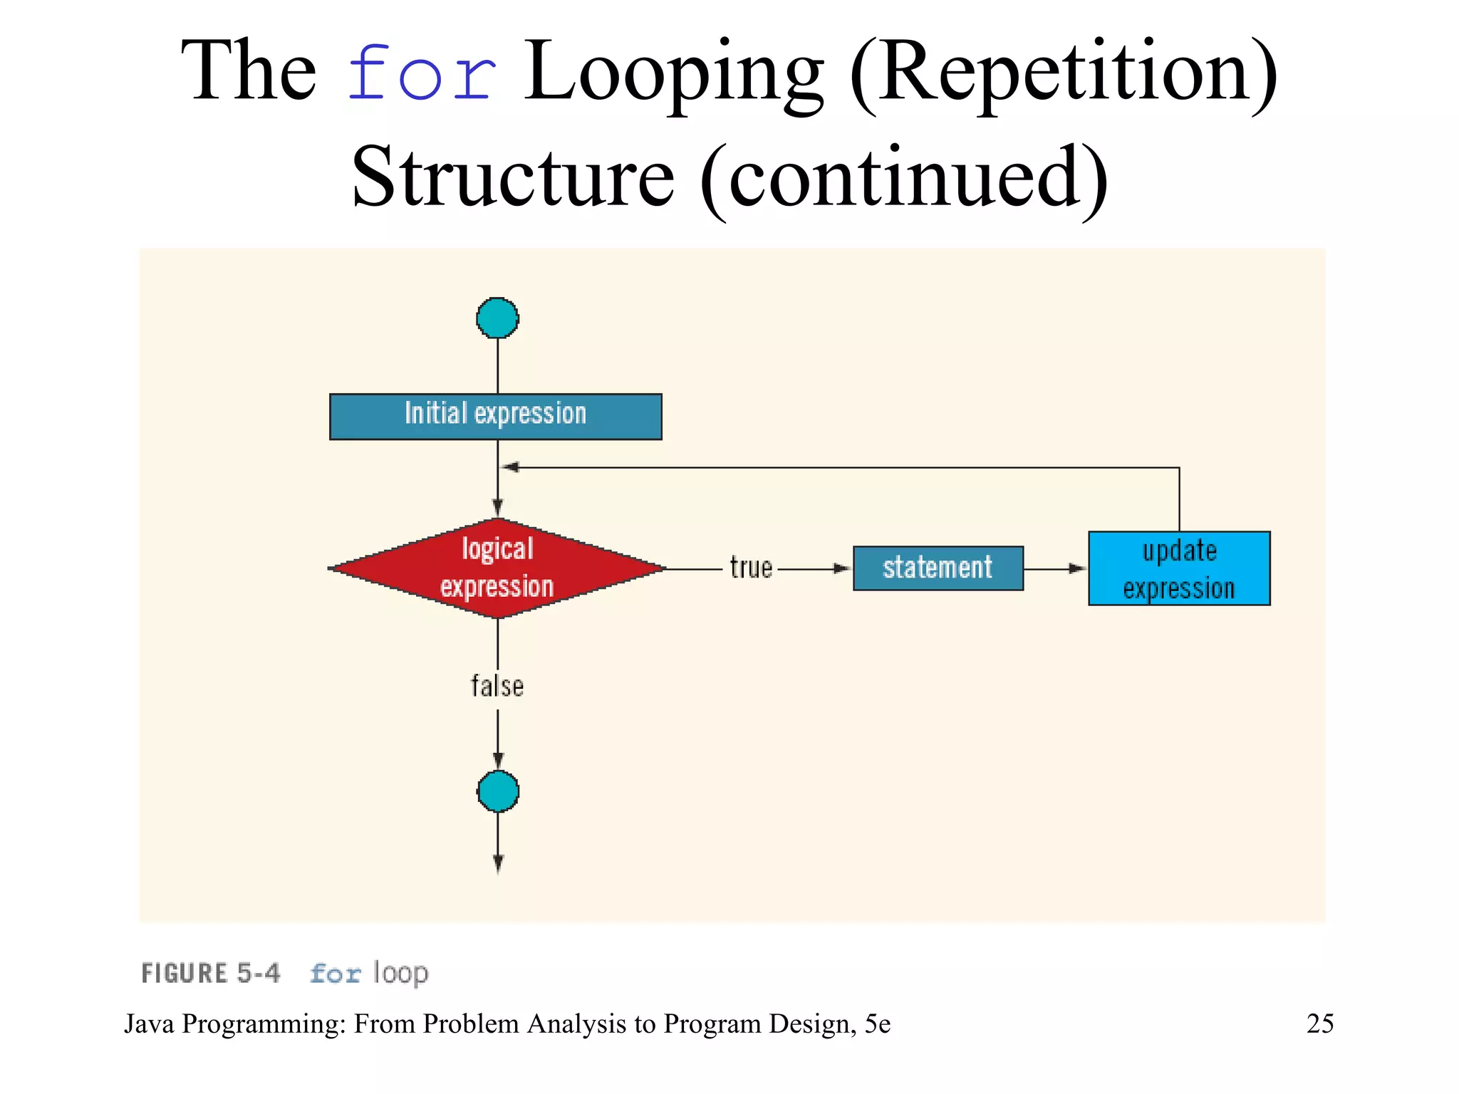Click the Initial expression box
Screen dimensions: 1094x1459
495,416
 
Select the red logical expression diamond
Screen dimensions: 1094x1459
497,568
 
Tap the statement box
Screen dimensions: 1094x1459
938,568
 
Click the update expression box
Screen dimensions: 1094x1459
1178,568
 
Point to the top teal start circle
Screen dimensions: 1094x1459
497,318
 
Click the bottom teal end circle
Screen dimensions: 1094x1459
497,791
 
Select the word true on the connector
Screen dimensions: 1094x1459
751,568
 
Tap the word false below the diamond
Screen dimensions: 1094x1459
497,687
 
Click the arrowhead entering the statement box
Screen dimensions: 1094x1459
843,568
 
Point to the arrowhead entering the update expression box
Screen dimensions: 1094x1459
1077,568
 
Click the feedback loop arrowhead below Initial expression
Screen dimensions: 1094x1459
510,467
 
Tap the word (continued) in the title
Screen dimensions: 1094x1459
903,178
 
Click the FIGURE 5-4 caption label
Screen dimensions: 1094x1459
211,973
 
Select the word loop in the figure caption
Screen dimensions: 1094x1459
400,973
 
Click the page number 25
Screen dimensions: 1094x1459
1319,1023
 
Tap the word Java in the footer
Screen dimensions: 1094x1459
150,1023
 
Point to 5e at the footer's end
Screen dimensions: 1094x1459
877,1023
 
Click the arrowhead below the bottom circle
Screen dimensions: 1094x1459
497,864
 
